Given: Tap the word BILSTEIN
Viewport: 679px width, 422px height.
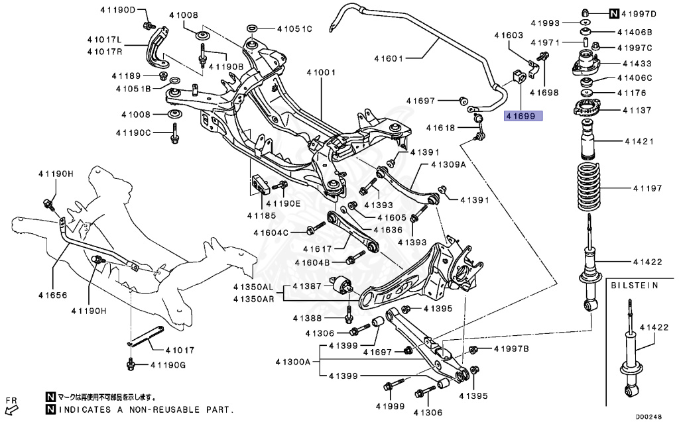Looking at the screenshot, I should [635, 286].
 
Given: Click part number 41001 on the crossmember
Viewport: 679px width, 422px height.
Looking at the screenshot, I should [320, 72].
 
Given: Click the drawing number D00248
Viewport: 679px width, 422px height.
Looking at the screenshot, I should [649, 417].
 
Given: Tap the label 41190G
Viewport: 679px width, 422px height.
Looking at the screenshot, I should [168, 364].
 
